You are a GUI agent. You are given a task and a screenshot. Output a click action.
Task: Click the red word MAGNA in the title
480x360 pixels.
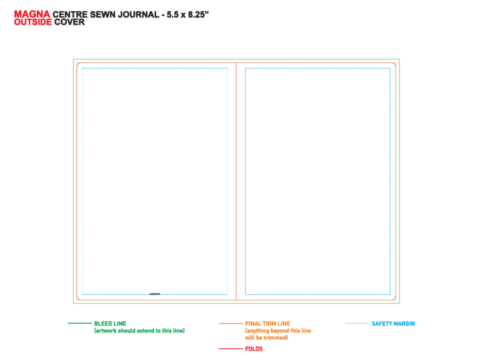(32, 14)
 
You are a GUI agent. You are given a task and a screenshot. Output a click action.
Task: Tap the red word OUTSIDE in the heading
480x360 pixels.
(33, 22)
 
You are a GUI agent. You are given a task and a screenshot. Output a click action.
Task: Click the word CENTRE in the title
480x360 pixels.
(70, 15)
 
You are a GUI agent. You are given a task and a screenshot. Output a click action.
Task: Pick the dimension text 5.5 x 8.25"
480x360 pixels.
(188, 15)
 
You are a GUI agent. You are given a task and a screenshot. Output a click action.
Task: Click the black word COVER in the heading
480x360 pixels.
(69, 22)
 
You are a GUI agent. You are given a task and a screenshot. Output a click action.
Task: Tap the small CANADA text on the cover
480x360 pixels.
(155, 294)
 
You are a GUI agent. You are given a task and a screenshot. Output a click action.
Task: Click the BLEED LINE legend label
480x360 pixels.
(110, 324)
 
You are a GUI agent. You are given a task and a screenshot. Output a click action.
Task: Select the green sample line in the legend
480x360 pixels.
(79, 323)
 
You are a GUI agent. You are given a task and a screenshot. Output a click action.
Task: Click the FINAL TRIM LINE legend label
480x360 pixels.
(268, 324)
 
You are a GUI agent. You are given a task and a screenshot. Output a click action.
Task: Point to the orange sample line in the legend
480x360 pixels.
(230, 323)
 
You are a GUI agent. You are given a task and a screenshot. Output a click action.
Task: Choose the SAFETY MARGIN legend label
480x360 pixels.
(394, 324)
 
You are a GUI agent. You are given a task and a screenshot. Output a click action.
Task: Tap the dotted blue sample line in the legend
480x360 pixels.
(357, 323)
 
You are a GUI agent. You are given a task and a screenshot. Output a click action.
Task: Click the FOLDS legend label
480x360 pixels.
(254, 349)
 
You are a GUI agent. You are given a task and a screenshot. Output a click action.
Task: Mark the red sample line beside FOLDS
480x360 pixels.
(230, 348)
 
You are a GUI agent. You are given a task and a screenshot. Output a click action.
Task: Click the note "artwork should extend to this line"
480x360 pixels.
(139, 331)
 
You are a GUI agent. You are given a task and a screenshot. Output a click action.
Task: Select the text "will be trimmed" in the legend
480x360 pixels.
(266, 338)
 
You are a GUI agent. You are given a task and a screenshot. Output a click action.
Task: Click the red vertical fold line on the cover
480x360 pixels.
(236, 181)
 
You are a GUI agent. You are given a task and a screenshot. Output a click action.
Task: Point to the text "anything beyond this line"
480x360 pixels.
(278, 331)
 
